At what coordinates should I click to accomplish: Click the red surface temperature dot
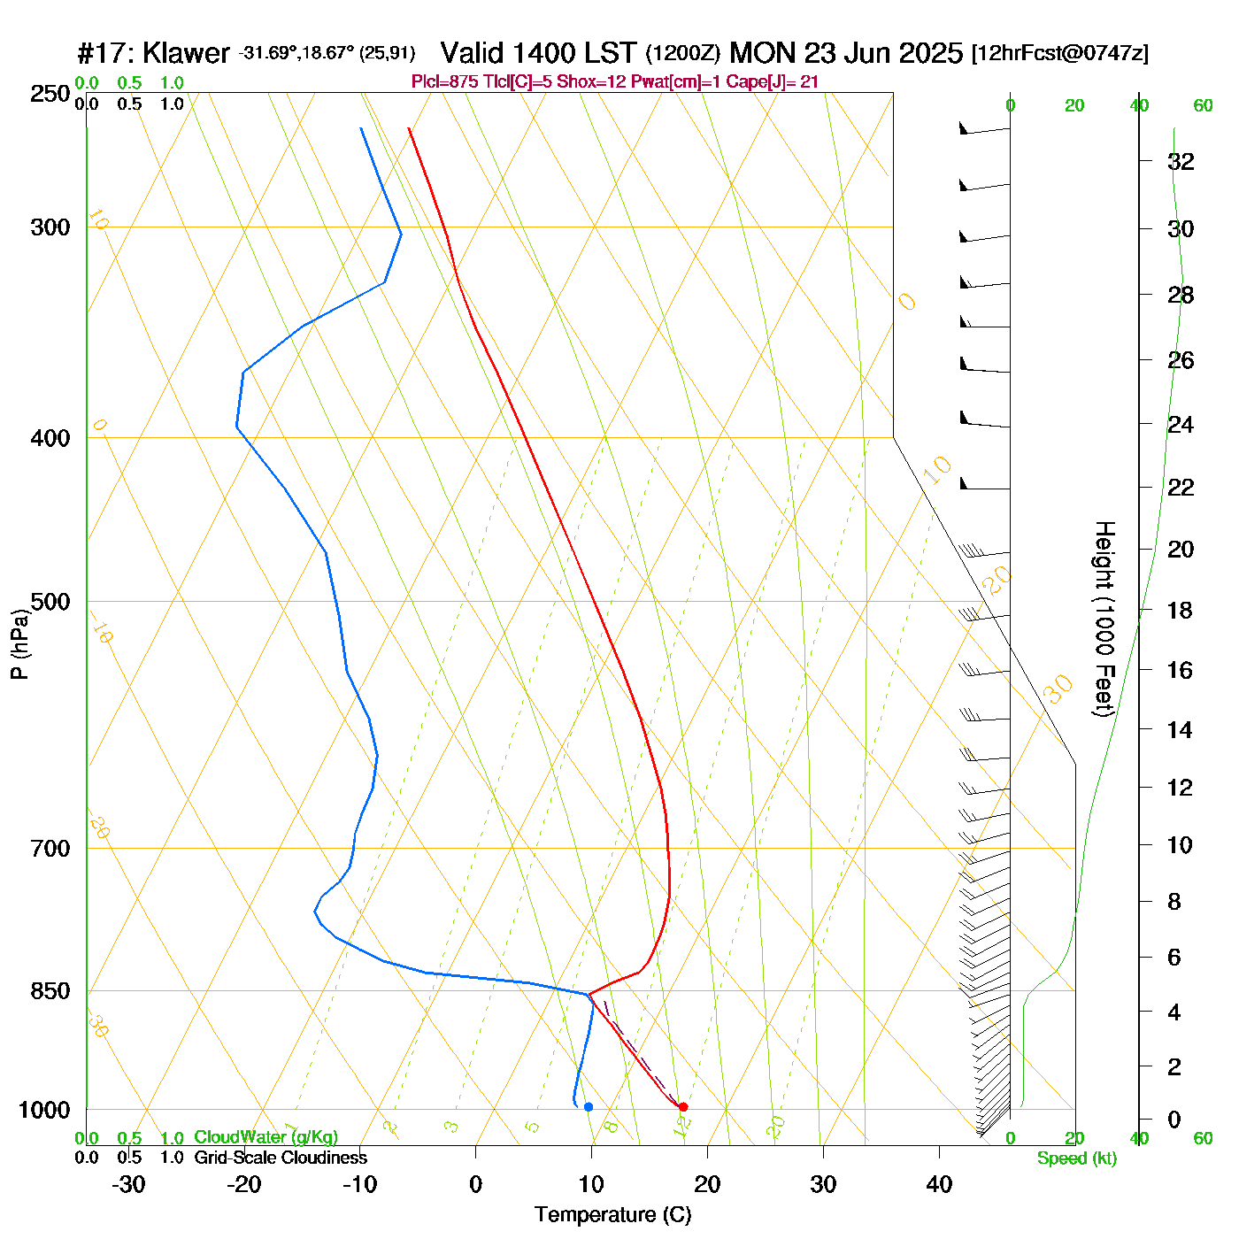tap(682, 1106)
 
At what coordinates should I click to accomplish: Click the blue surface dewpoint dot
tap(589, 1106)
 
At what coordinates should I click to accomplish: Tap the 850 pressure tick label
tap(50, 991)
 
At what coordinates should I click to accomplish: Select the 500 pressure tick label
tap(50, 602)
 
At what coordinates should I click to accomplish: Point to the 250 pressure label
tap(50, 94)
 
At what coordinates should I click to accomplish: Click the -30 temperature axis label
tap(128, 1184)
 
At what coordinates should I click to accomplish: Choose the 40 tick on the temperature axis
tap(939, 1184)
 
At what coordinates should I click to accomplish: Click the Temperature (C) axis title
tap(612, 1215)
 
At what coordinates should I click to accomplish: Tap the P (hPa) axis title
tap(19, 644)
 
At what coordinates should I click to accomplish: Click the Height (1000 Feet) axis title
tap(1104, 619)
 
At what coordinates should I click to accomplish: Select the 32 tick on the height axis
tap(1181, 162)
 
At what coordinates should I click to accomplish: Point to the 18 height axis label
tap(1181, 611)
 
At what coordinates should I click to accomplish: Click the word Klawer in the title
tap(186, 53)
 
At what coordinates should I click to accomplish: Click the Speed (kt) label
tap(1076, 1158)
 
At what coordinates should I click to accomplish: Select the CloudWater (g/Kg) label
tap(265, 1137)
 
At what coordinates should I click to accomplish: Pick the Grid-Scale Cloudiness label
tap(281, 1158)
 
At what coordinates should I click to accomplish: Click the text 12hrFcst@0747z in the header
tap(1060, 53)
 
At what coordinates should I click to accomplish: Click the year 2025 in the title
tap(930, 53)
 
